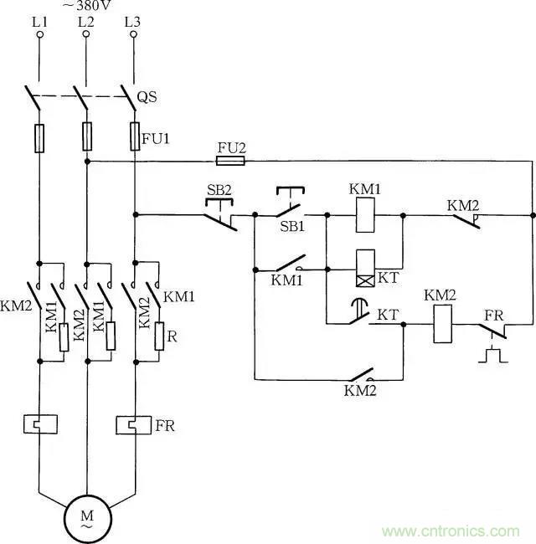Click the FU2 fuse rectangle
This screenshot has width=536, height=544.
[x=231, y=161]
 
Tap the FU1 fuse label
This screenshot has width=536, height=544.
[x=157, y=139]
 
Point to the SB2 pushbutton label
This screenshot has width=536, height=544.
[x=219, y=189]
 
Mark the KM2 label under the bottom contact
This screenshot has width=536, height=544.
[x=361, y=390]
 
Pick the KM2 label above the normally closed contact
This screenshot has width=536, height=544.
[x=463, y=204]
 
